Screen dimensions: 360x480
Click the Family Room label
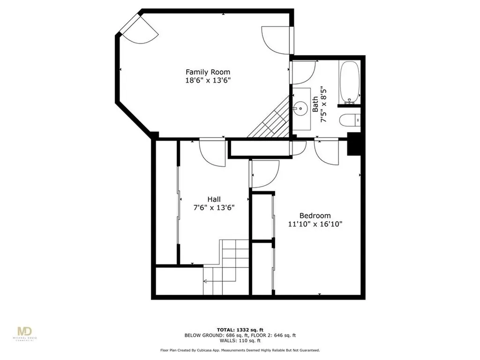(x=208, y=72)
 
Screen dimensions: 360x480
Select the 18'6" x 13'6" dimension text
(x=208, y=80)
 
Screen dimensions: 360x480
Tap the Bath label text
(x=315, y=104)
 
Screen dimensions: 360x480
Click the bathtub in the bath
(x=349, y=82)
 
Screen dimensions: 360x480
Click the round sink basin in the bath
(x=299, y=109)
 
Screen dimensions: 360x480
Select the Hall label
(x=214, y=199)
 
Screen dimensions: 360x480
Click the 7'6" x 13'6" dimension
(x=214, y=208)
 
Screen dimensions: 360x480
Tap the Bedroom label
(x=315, y=215)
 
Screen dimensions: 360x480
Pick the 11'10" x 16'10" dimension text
(x=315, y=224)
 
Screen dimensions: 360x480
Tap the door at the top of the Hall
(x=212, y=152)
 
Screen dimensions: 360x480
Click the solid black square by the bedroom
(x=354, y=144)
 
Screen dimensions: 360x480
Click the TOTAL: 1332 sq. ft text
(x=240, y=329)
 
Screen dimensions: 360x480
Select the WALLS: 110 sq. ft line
(x=240, y=341)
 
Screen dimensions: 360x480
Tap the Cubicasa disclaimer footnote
(x=240, y=350)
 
